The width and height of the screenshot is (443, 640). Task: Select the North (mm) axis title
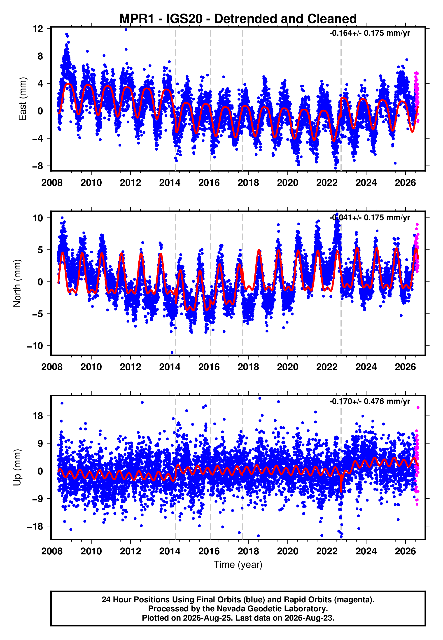point(17,283)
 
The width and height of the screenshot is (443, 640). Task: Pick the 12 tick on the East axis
point(38,29)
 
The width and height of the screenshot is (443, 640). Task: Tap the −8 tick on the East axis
point(38,166)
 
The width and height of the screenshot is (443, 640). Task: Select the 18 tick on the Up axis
point(38,416)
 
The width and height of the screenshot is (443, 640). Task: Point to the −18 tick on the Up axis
point(35,526)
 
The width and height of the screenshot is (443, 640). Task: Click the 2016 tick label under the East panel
point(209,183)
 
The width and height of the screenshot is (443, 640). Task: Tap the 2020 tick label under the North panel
point(288,367)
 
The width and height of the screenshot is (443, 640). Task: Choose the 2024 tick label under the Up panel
point(366,551)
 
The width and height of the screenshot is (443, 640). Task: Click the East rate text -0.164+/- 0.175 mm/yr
point(369,33)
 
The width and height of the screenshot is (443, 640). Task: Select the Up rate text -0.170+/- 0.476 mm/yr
point(369,402)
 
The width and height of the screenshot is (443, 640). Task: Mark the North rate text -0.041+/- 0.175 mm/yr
point(369,218)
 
